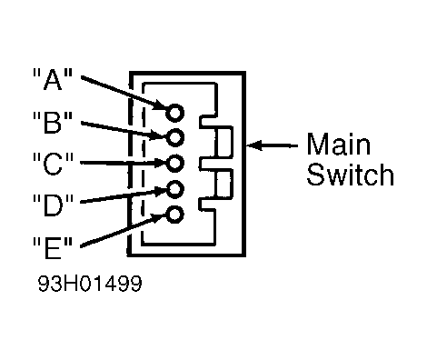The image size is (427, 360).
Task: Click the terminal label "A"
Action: pos(53,79)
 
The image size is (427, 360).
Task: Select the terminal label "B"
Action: pos(53,123)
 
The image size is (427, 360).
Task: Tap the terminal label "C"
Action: pos(53,164)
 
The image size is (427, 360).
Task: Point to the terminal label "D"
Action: pos(53,205)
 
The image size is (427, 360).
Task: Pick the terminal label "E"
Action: pos(53,247)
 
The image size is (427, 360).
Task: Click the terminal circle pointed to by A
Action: pos(174,113)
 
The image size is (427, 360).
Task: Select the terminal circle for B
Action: pos(174,137)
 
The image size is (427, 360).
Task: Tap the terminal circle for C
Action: pos(174,163)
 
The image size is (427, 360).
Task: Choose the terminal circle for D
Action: pos(174,189)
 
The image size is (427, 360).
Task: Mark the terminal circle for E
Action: pos(174,215)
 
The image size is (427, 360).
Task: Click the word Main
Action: pos(339,144)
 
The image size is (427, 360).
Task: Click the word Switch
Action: pos(350,175)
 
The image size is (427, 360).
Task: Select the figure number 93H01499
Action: pos(90,284)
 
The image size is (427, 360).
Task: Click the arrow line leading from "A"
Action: pos(124,93)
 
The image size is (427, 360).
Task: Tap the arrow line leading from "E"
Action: pos(124,230)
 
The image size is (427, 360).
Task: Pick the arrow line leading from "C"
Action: pos(124,163)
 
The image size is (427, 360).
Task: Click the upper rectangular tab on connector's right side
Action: pos(224,142)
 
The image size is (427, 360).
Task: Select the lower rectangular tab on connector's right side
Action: pos(224,184)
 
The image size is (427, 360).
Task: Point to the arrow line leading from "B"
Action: pos(124,130)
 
